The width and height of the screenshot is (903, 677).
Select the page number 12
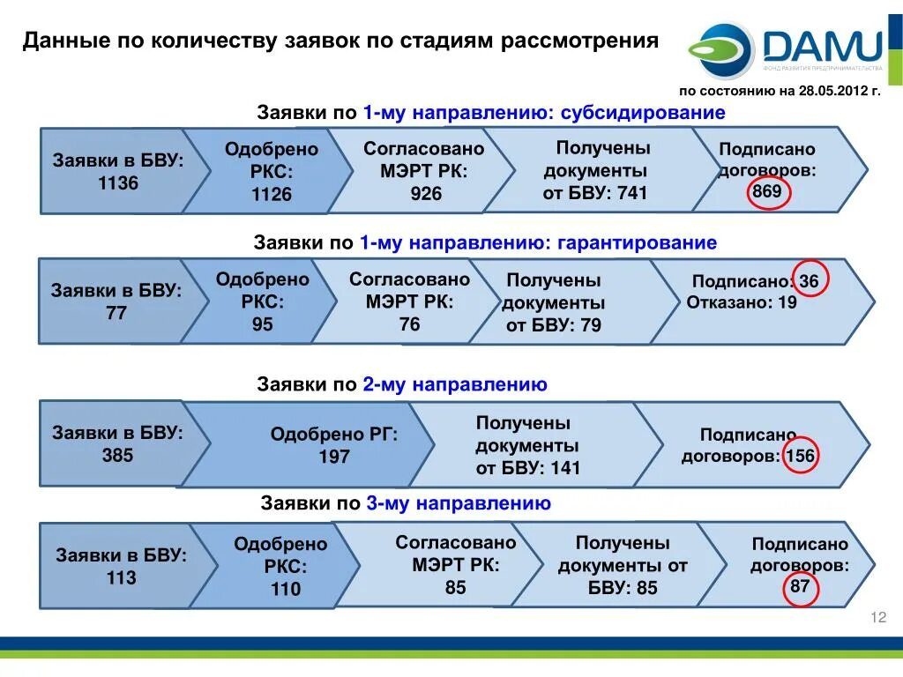[877, 617]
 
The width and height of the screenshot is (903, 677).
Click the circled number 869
[766, 191]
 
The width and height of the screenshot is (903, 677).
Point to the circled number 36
[810, 280]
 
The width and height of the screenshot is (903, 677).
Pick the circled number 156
[800, 456]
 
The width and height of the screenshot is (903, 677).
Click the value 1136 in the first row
[118, 183]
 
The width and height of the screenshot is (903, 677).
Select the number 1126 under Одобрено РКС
[271, 194]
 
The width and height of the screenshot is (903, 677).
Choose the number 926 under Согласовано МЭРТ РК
[426, 193]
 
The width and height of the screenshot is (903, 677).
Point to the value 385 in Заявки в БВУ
[117, 456]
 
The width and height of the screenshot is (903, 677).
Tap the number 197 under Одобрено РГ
[334, 457]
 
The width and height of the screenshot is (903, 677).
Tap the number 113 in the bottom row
[121, 578]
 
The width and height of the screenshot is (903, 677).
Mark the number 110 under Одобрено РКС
[285, 589]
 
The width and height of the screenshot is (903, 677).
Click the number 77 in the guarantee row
[116, 313]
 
